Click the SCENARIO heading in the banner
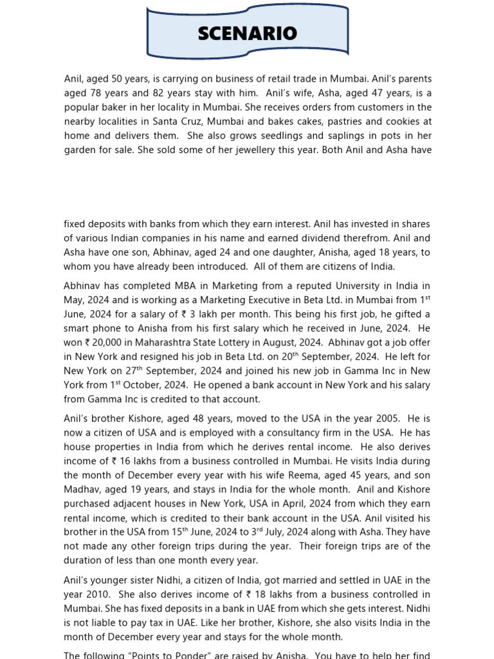(x=248, y=33)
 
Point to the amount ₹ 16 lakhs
(x=131, y=461)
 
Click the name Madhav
(x=82, y=489)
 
